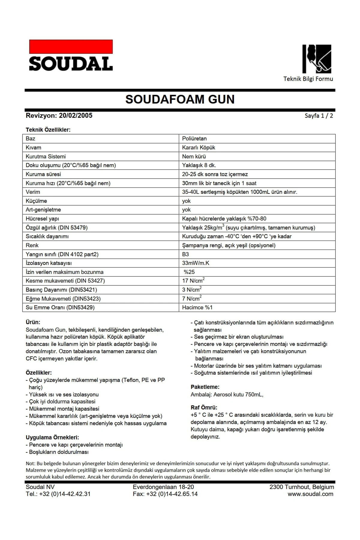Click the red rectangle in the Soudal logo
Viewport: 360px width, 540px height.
tap(71, 47)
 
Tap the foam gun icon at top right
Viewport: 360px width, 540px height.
tap(317, 59)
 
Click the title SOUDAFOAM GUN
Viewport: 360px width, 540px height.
tap(180, 99)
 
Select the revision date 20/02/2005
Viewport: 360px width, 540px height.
tap(76, 115)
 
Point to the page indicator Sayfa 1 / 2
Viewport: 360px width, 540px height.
tap(319, 116)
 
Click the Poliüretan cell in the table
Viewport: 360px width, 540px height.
tap(194, 139)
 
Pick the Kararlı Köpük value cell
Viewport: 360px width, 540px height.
tap(199, 148)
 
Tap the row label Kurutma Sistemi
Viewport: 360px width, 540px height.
tap(46, 157)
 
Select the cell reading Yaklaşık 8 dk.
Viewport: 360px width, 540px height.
tap(199, 165)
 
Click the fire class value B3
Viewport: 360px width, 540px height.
tap(185, 254)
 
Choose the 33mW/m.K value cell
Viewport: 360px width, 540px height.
tap(196, 263)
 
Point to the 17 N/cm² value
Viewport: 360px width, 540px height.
tap(193, 281)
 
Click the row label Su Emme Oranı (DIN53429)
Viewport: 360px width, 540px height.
tap(60, 307)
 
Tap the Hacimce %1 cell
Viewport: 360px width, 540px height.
tap(197, 307)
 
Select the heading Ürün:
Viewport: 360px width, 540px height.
tap(33, 322)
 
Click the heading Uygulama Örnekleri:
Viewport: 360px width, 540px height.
tap(52, 438)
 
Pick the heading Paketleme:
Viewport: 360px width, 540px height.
tap(205, 387)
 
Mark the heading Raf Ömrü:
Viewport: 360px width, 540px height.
tap(204, 408)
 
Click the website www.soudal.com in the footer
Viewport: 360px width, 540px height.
tap(310, 494)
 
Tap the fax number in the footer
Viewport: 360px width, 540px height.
tap(165, 494)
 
